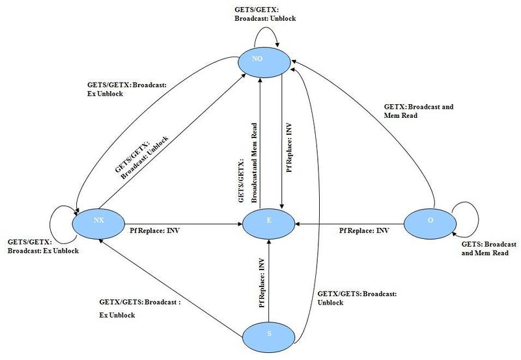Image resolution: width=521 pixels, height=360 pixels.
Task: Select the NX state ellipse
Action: click(99, 221)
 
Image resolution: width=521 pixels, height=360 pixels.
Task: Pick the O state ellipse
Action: click(430, 221)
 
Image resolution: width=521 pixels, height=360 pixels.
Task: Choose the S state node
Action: click(268, 335)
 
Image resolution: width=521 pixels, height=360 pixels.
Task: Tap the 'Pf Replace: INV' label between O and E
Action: click(365, 230)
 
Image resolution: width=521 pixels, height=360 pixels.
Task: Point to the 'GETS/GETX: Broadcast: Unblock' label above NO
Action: click(265, 14)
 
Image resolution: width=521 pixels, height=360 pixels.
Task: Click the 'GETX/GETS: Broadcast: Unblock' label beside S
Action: click(356, 298)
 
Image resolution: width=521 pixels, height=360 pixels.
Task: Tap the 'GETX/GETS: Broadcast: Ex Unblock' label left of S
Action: click(139, 309)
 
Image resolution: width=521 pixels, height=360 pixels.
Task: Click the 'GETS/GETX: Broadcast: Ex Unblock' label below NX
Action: click(42, 247)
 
